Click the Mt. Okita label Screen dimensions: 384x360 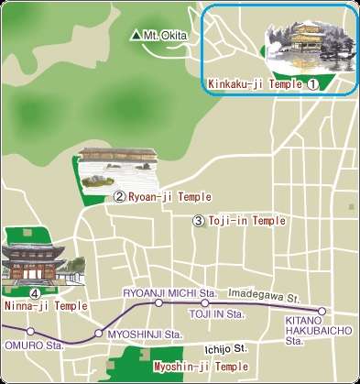click(167, 36)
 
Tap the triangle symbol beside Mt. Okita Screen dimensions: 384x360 click(136, 36)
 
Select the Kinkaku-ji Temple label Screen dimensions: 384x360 click(255, 83)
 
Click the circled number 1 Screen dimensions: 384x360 click(311, 83)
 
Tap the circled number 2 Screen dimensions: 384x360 click(119, 196)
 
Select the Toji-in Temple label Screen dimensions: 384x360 click(246, 221)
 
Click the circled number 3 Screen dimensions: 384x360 click(198, 221)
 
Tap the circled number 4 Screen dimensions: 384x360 click(34, 293)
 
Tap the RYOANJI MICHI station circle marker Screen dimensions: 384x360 click(158, 302)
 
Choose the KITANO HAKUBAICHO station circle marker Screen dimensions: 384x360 click(322, 311)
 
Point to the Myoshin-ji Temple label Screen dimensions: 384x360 click(201, 366)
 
